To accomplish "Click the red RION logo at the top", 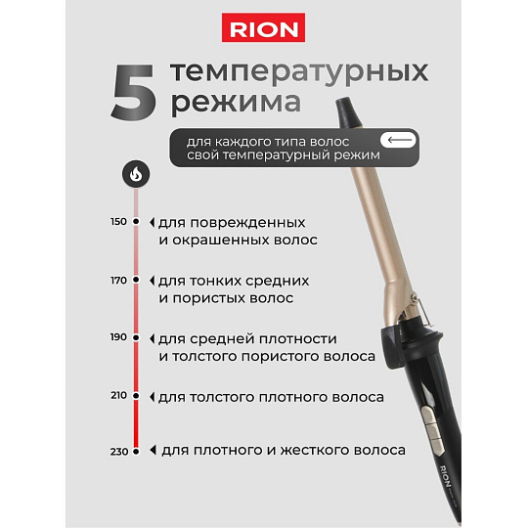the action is [263, 27].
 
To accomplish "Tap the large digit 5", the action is [134, 92].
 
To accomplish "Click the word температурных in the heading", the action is [299, 71].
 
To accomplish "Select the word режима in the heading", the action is [236, 103].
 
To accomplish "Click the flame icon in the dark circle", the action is [136, 174].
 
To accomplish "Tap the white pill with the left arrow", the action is [398, 140].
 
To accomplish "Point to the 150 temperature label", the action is [118, 222].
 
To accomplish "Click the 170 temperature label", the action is [118, 280].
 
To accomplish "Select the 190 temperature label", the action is [118, 337].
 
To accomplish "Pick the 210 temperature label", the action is [118, 395].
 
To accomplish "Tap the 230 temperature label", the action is [119, 452].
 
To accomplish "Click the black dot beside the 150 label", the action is [136, 221].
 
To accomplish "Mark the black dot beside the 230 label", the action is [136, 452].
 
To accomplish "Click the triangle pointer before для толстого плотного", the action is [153, 397].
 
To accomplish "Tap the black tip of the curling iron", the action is [349, 112].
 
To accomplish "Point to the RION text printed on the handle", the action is [445, 476].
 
